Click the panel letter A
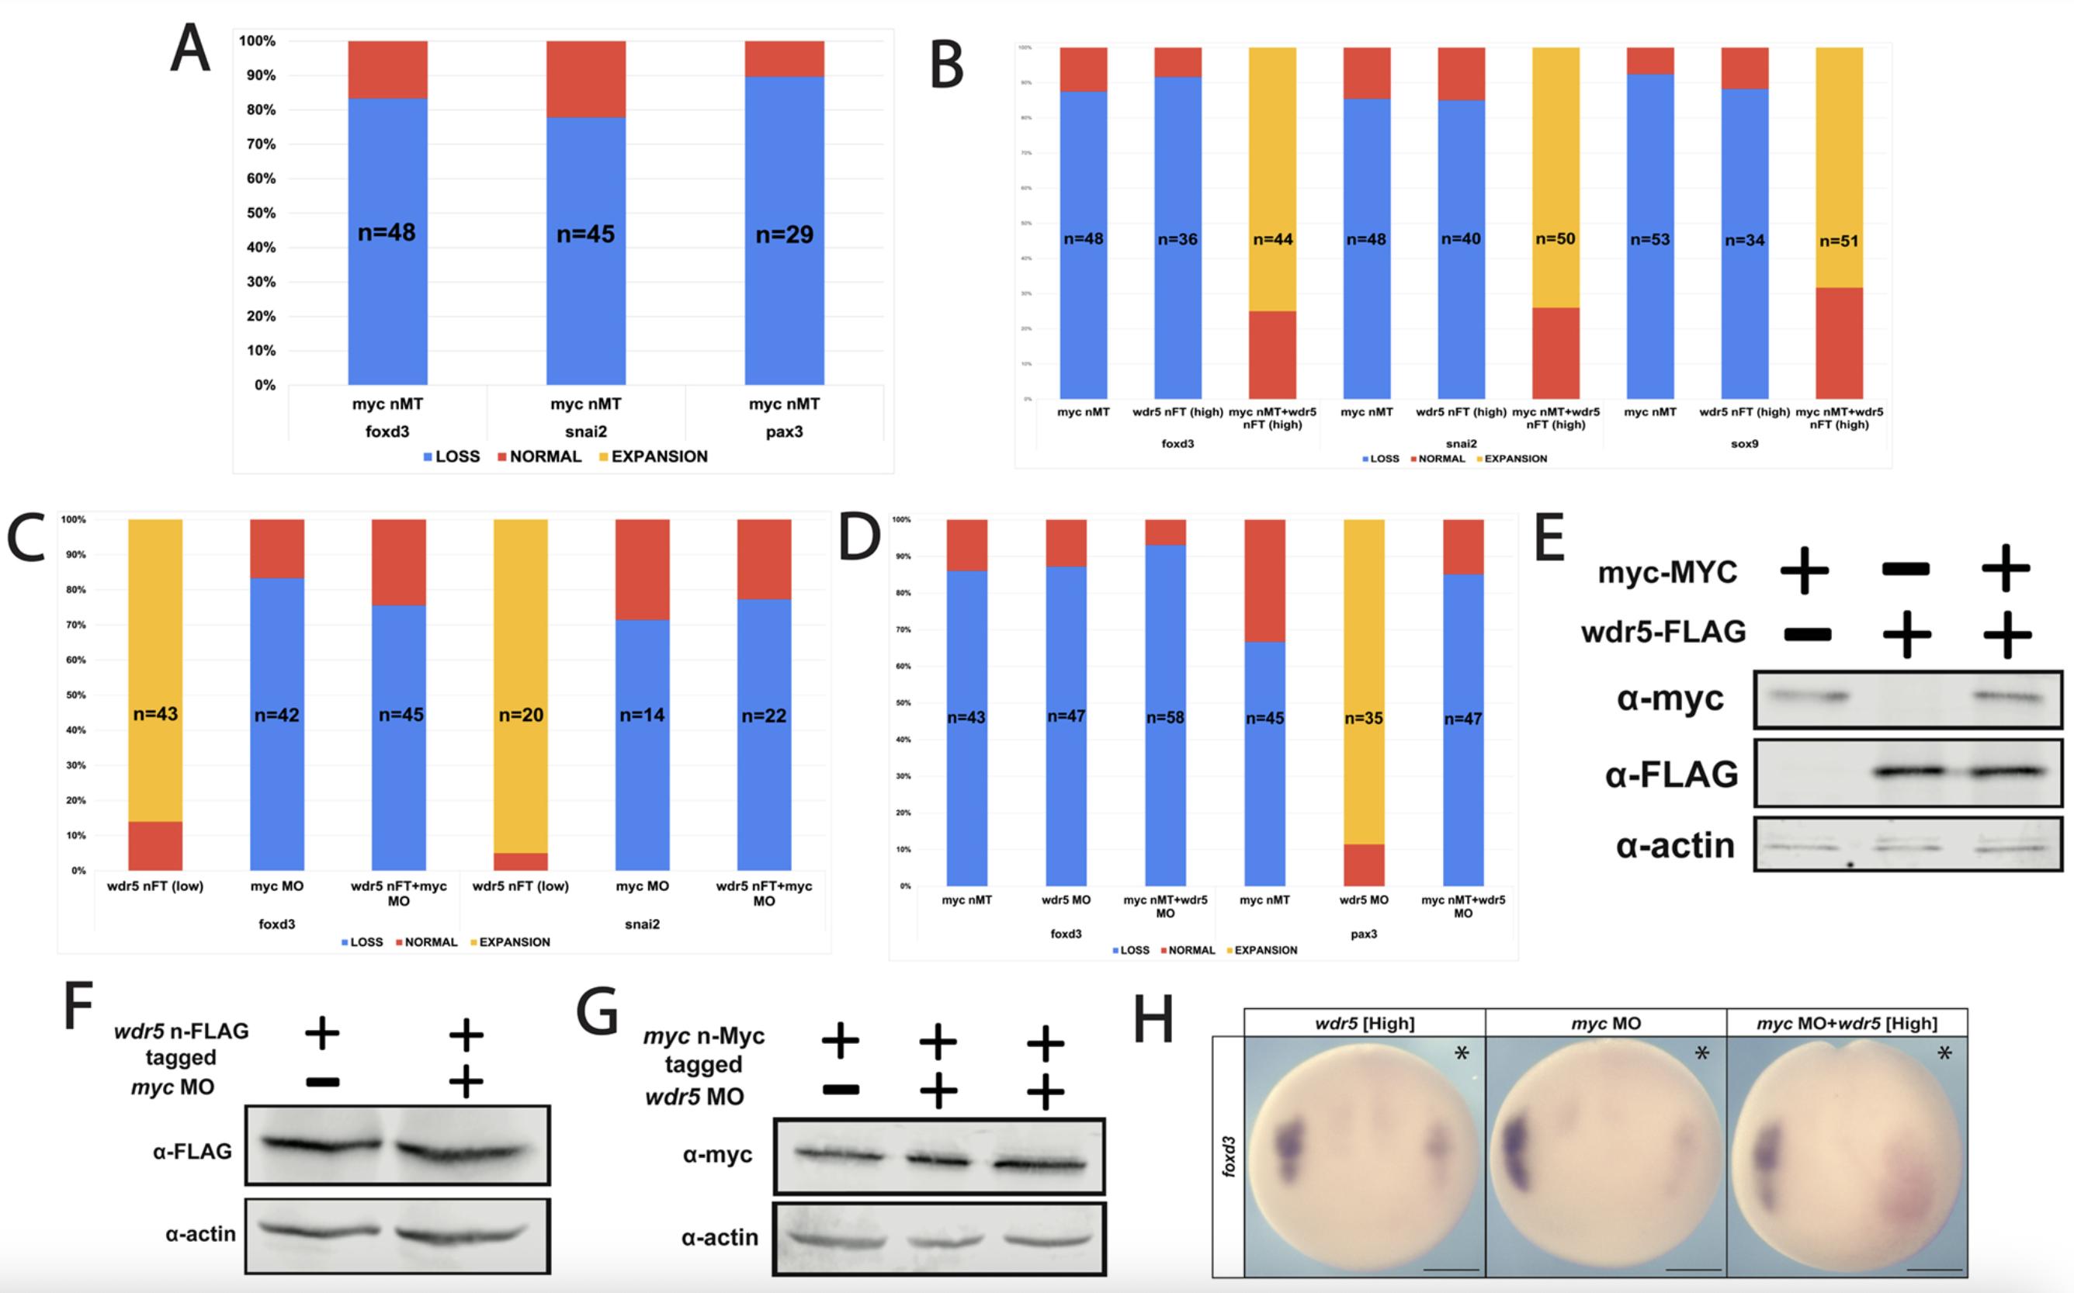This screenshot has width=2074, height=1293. tap(190, 50)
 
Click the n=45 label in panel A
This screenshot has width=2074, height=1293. tap(585, 234)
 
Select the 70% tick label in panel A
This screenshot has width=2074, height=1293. tap(257, 144)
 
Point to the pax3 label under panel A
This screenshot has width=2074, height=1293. tap(783, 432)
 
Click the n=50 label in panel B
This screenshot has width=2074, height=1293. tap(1555, 240)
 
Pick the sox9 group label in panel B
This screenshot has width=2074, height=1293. tap(1744, 444)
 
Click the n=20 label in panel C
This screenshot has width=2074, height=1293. tap(521, 715)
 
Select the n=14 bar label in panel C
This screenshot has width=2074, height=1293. tap(641, 715)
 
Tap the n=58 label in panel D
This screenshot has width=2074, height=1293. tap(1165, 717)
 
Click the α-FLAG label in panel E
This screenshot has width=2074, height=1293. tap(1671, 775)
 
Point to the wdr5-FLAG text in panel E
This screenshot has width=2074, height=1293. tap(1663, 632)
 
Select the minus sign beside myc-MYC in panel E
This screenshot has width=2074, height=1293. tap(1906, 569)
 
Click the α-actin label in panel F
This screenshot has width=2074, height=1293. tap(200, 1234)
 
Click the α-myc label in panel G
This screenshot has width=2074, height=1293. tap(716, 1155)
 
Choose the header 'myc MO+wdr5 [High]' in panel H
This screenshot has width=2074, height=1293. tap(1847, 1024)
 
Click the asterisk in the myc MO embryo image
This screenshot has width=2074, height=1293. tap(1702, 1053)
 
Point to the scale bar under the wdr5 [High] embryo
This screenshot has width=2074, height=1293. tap(1451, 1269)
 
